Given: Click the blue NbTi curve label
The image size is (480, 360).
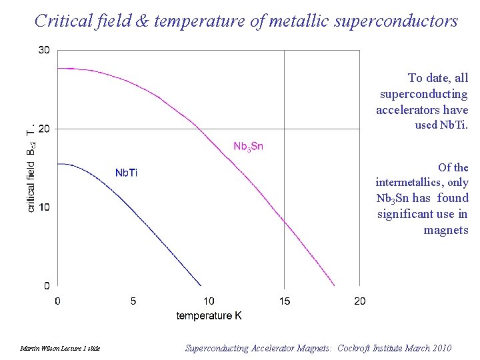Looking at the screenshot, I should pyautogui.click(x=126, y=173).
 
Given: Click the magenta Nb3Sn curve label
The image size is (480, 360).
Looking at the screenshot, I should pyautogui.click(x=248, y=146).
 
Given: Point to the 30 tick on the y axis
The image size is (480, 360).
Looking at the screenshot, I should pyautogui.click(x=44, y=51).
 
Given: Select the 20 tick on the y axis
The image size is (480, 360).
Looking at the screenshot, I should pyautogui.click(x=44, y=129).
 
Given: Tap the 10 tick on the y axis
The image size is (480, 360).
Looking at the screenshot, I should pyautogui.click(x=44, y=207).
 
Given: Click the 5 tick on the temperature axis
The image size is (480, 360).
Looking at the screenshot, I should pyautogui.click(x=133, y=301).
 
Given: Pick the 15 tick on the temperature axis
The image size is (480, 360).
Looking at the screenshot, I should pyautogui.click(x=285, y=301).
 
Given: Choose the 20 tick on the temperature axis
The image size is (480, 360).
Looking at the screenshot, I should pyautogui.click(x=360, y=301).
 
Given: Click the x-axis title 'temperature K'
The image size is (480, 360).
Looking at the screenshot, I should pyautogui.click(x=209, y=315).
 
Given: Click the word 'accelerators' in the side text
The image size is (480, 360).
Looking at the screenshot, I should pyautogui.click(x=403, y=110).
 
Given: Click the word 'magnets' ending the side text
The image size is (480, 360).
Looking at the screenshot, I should pyautogui.click(x=445, y=230).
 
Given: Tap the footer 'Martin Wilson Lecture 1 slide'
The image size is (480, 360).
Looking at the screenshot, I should pyautogui.click(x=60, y=349).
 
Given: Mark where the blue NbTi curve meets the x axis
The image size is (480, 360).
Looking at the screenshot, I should pyautogui.click(x=201, y=286).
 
